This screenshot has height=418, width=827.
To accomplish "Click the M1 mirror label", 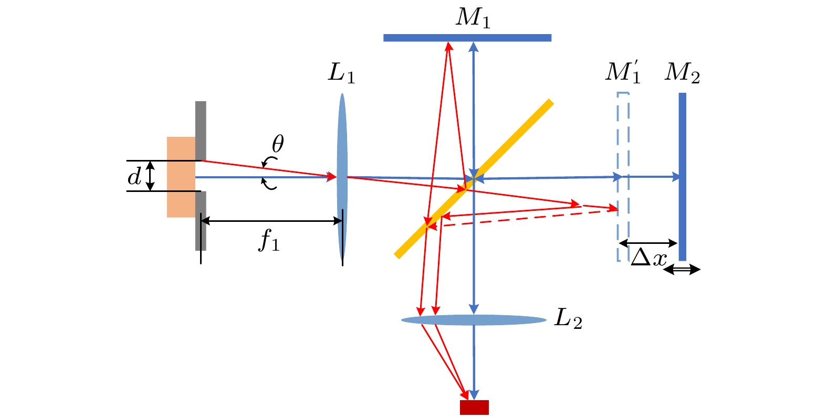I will pos(473,18).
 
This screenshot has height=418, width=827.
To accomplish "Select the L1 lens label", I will pos(341,73).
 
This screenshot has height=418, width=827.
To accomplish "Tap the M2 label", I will pos(682,72).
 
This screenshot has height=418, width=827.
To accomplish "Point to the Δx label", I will pos(649,258).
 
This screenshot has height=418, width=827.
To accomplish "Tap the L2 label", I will pos(568,318).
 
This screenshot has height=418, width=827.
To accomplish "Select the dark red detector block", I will pos(474,408).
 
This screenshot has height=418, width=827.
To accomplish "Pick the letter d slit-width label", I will pos(134,177).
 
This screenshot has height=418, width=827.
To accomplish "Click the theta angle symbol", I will pos(277,143).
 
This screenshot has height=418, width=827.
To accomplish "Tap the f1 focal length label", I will pos(269,241).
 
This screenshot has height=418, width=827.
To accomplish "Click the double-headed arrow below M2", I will pos(682,270).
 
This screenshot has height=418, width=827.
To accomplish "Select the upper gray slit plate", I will pos(201,130).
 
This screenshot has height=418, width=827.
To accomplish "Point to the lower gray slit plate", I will pos(201,220).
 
